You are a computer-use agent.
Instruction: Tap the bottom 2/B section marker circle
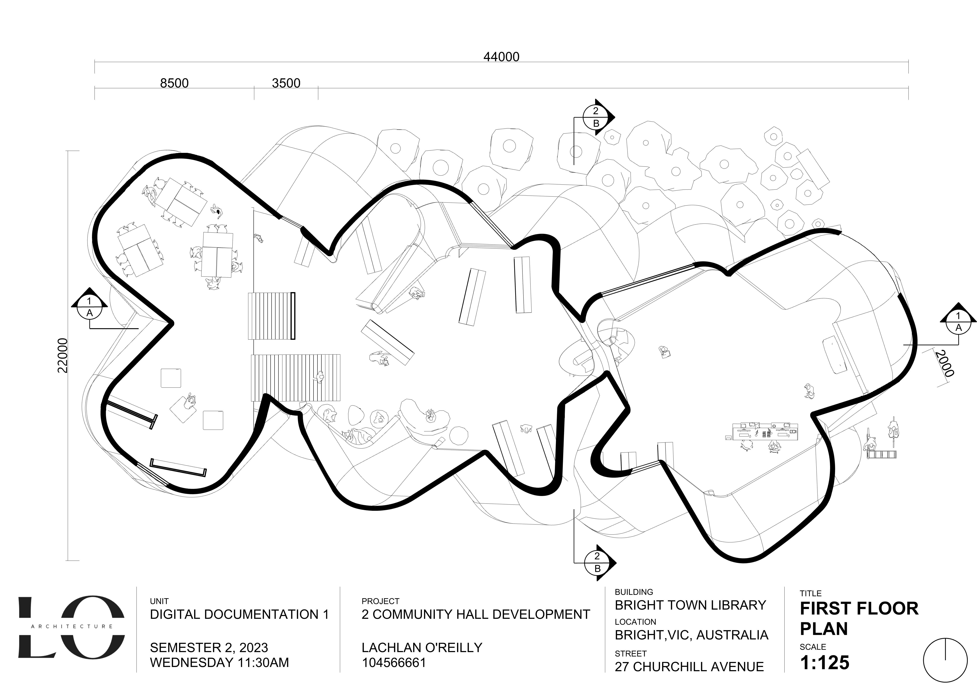tap(597, 562)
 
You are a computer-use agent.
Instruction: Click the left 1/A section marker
tap(89, 307)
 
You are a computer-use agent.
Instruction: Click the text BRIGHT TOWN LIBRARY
tap(690, 605)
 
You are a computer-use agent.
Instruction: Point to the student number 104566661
tap(394, 662)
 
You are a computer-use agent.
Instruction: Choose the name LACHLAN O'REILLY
tap(422, 648)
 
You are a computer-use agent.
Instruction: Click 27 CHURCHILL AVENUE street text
tap(689, 667)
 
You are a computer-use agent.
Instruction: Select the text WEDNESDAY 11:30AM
tap(219, 662)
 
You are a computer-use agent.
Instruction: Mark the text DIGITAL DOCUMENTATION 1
tap(239, 614)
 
